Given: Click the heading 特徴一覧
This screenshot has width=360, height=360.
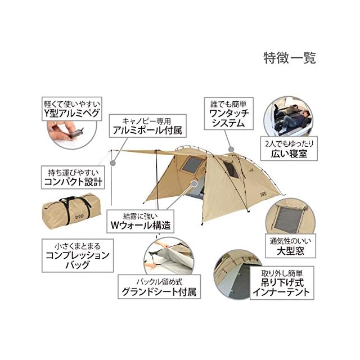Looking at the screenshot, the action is coord(289,57).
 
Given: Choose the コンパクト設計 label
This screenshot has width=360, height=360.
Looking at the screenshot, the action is coord(73,177).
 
